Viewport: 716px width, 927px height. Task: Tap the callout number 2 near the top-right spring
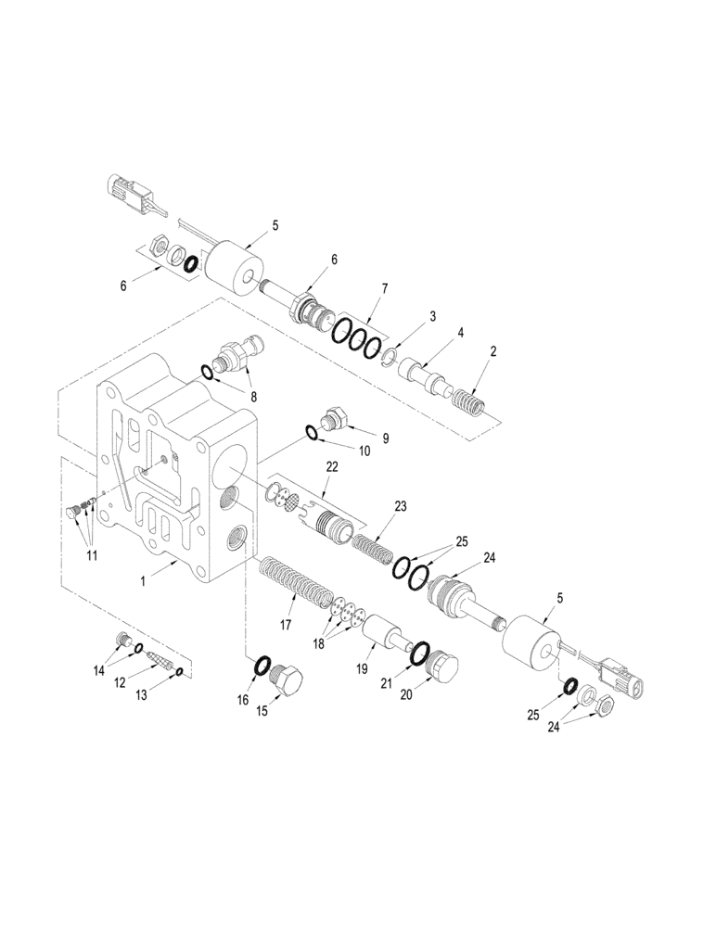(493, 351)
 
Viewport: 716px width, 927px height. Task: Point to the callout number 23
(401, 506)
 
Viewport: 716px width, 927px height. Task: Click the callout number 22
(332, 467)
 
